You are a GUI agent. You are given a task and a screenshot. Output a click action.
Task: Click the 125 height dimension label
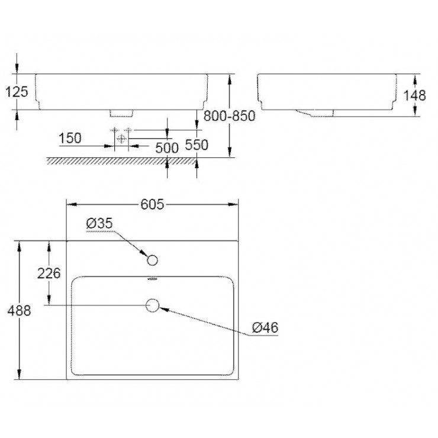(x=16, y=92)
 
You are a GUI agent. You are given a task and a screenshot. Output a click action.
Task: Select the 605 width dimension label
(x=152, y=204)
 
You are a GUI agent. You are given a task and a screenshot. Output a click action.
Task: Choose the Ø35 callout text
(x=99, y=223)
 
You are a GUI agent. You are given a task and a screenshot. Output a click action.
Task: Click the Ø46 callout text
(x=265, y=327)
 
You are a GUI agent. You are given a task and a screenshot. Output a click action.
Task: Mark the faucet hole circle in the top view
(x=152, y=260)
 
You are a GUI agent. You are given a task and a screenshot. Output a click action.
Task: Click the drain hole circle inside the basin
(x=152, y=305)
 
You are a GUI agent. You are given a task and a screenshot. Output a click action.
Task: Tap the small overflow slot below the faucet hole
(x=152, y=279)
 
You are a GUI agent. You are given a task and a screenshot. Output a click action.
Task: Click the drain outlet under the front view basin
(x=123, y=112)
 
